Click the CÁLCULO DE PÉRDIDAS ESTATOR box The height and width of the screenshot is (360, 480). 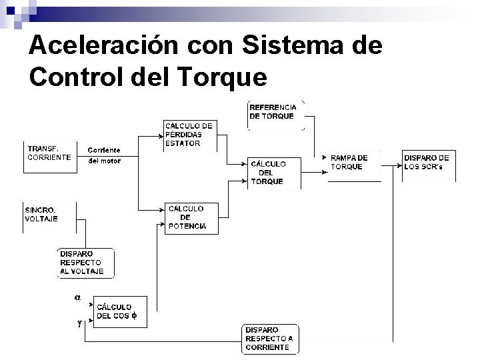pos(191,134)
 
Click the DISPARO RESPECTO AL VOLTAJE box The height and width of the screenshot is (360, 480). pos(86,263)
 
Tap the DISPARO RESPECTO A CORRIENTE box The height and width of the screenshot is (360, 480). pos(270,339)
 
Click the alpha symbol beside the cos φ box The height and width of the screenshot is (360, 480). pos(77,298)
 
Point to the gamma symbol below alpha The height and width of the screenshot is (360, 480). pos(79,323)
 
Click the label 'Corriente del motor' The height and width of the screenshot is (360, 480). pos(104,155)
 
